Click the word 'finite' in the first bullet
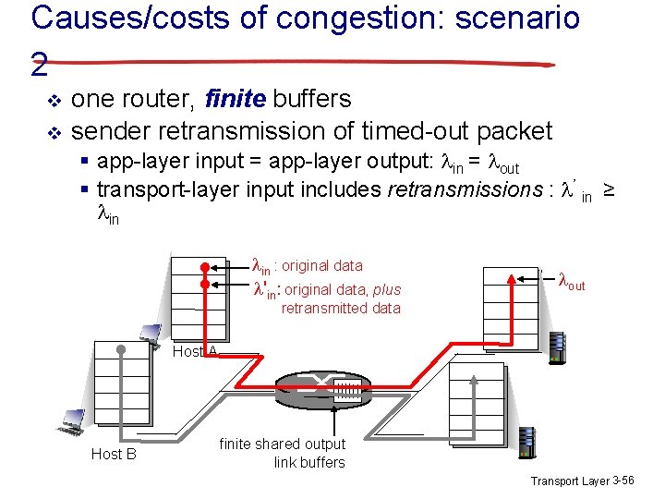pos(236,98)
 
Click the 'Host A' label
pos(196,351)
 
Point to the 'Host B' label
pos(114,454)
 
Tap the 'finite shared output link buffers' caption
pos(283,453)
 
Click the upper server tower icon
pos(555,347)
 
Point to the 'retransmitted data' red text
pos(341,308)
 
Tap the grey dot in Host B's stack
pos(122,350)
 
